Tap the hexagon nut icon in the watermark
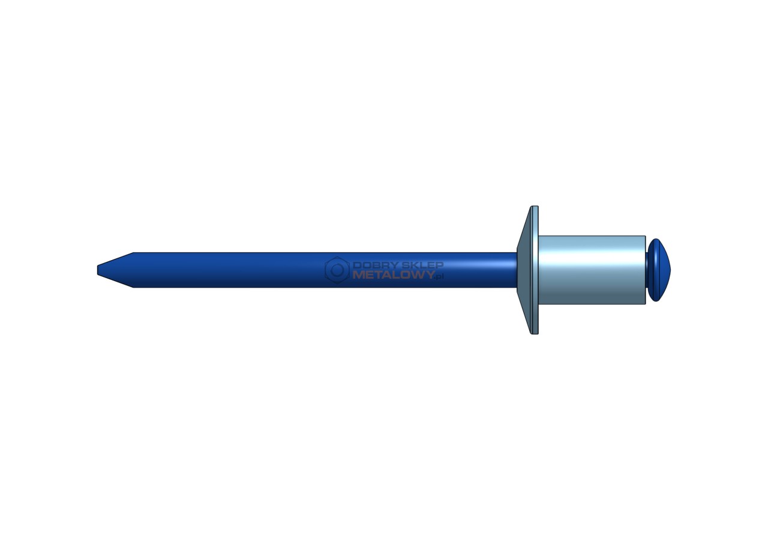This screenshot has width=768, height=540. (x=337, y=270)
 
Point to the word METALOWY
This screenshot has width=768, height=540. (x=394, y=275)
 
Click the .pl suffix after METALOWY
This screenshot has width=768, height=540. (x=440, y=277)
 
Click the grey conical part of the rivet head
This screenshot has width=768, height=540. (x=524, y=270)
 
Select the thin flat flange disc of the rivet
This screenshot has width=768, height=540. (x=535, y=270)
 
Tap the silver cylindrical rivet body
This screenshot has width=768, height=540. (x=592, y=270)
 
